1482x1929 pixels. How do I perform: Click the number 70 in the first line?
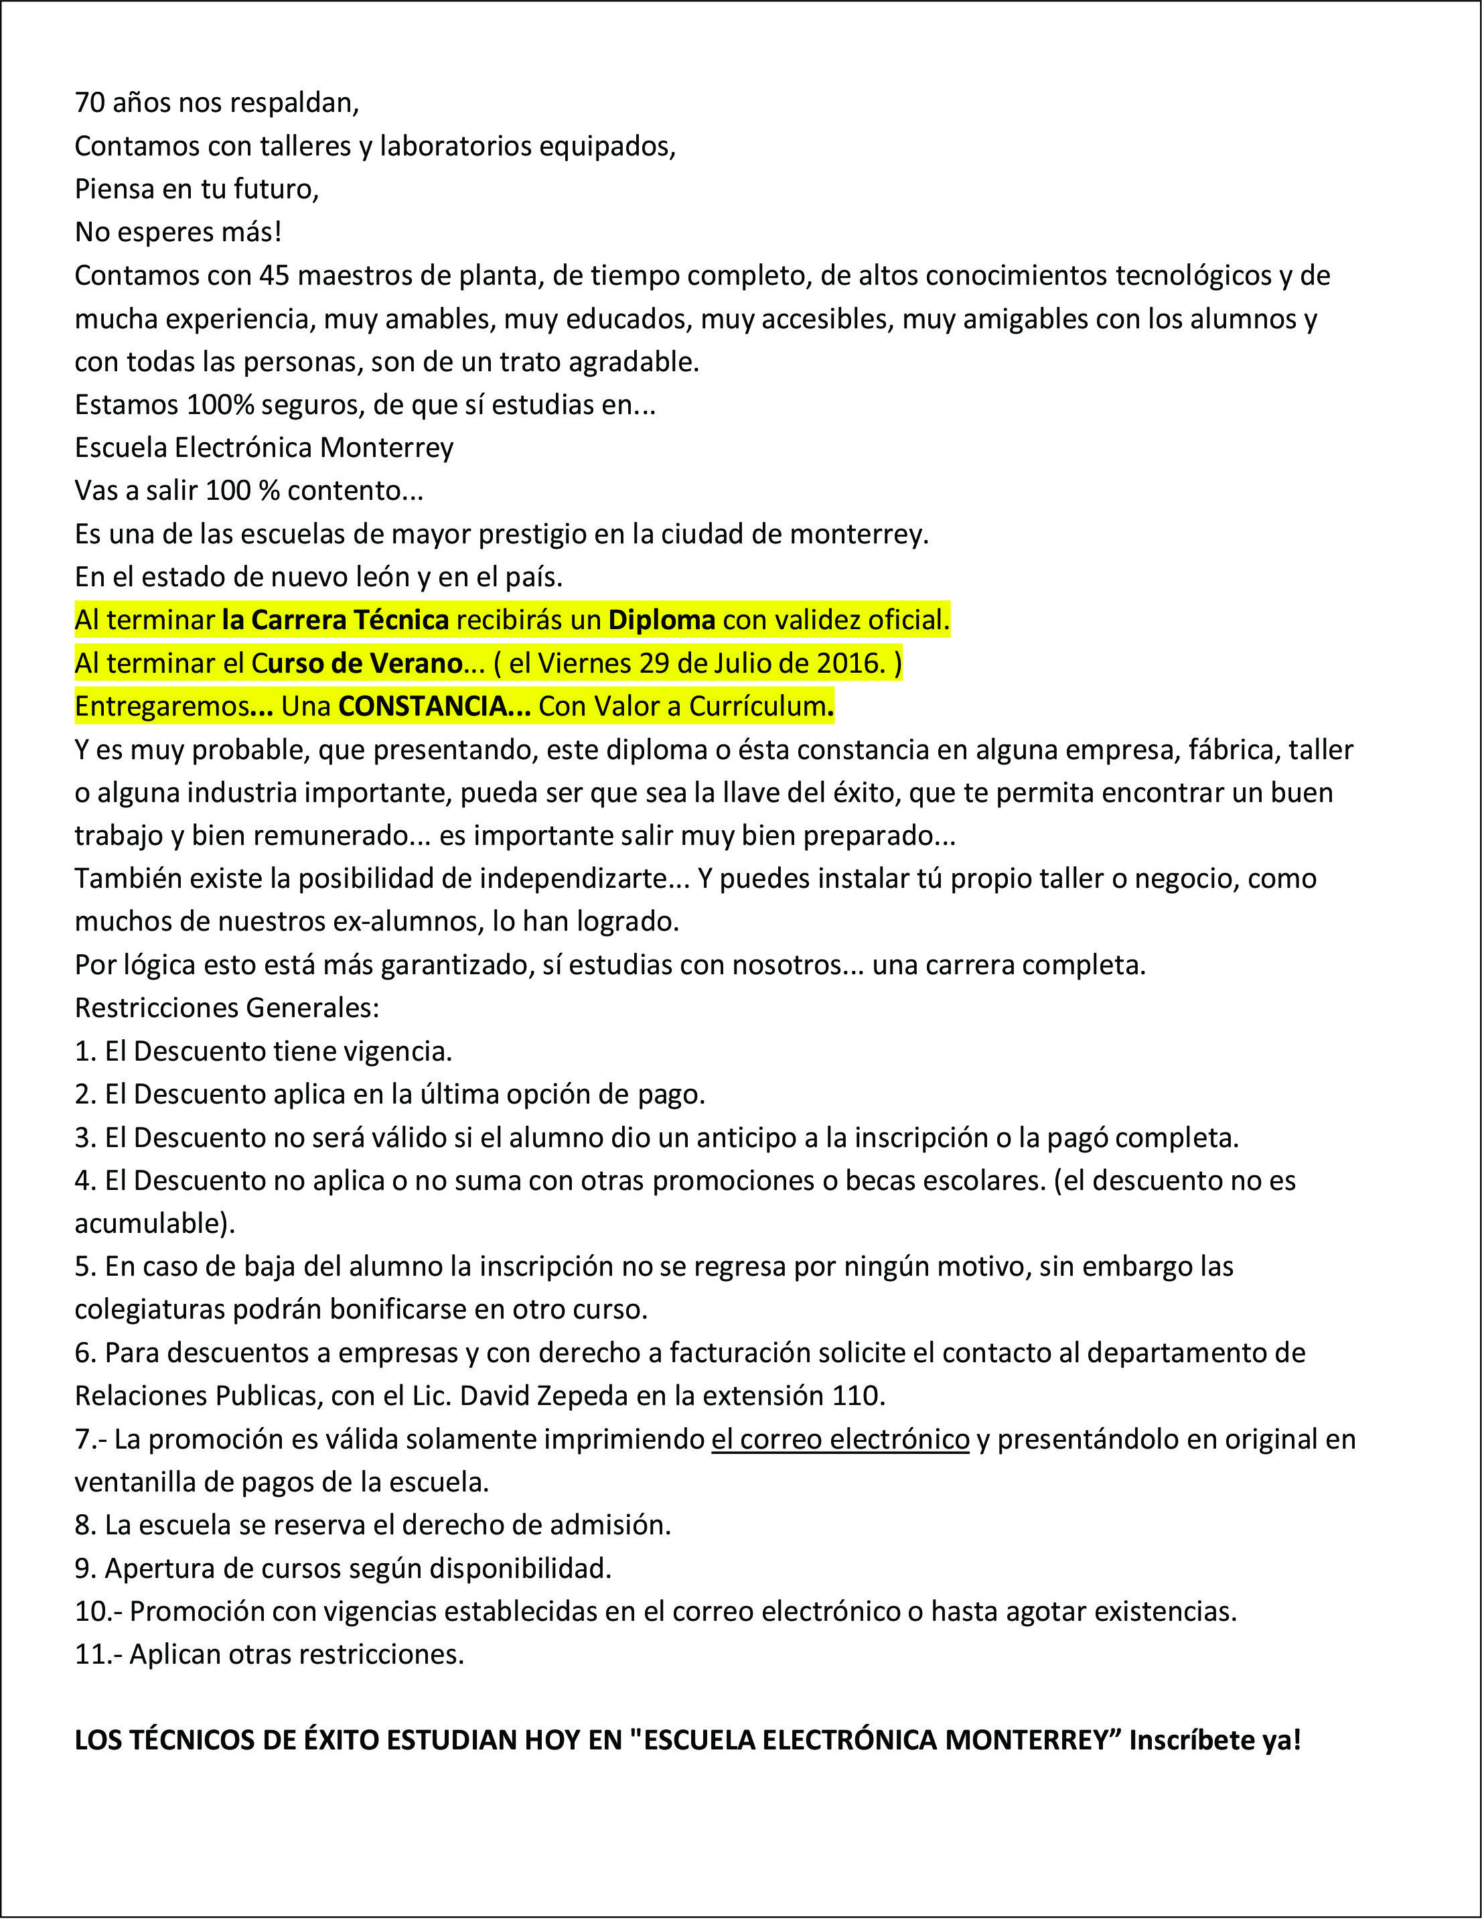point(89,103)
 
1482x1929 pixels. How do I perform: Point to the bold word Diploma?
point(662,620)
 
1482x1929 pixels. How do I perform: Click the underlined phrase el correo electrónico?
point(840,1439)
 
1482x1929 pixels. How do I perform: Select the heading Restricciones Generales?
point(227,1008)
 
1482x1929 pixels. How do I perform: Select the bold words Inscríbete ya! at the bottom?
point(1215,1741)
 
